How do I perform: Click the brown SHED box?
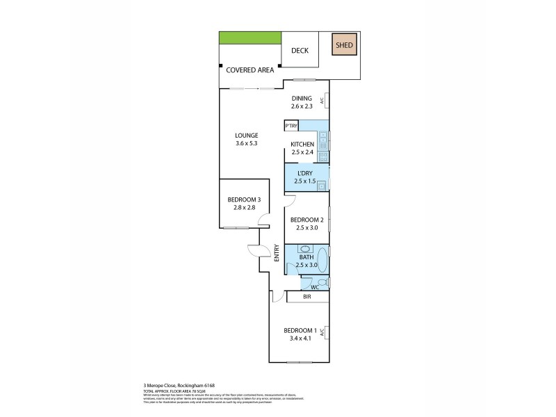click(344, 46)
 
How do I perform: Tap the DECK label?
click(300, 51)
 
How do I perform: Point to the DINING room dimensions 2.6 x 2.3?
click(302, 106)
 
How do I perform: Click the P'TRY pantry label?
click(291, 126)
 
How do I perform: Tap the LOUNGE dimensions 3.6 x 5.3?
click(247, 144)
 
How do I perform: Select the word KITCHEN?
click(302, 144)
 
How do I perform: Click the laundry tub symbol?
click(322, 186)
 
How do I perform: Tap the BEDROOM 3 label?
click(243, 200)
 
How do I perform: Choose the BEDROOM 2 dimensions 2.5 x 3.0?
click(306, 227)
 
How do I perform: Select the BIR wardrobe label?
click(306, 297)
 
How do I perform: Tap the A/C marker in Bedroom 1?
click(323, 333)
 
